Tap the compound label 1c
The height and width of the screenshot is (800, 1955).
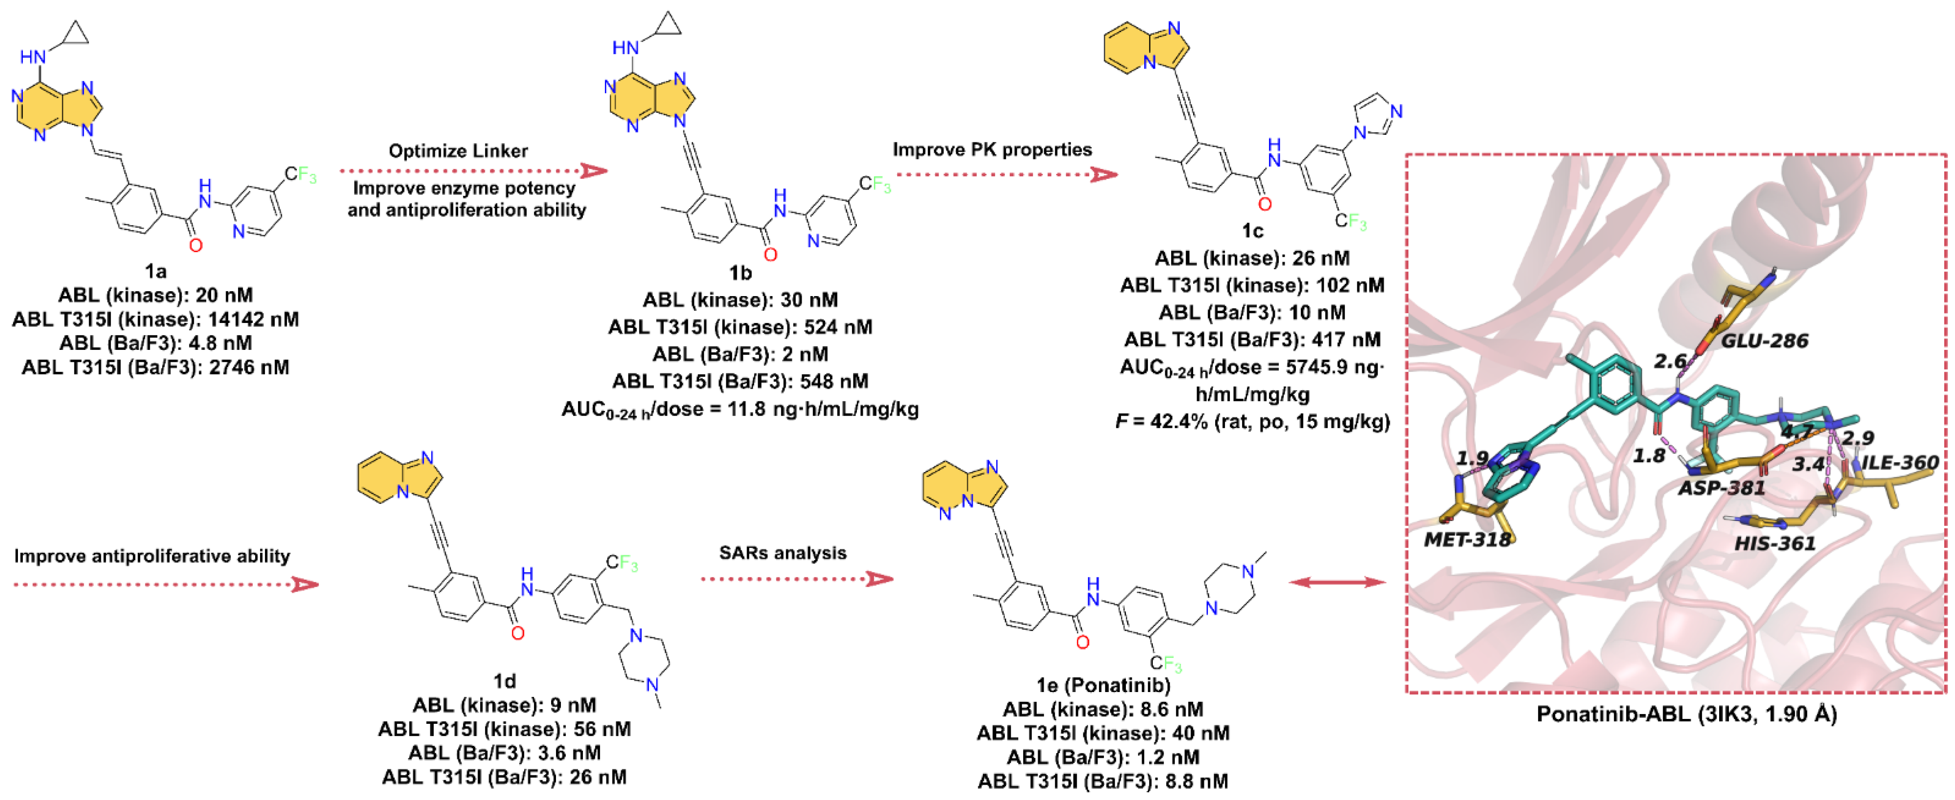tap(1252, 231)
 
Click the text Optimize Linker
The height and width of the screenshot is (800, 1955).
tap(458, 151)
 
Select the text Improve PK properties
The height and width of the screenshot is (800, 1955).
tap(992, 149)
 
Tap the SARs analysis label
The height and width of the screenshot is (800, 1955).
tap(782, 553)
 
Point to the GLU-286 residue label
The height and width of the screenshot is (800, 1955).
tap(1764, 340)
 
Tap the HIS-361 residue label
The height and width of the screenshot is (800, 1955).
tap(1774, 543)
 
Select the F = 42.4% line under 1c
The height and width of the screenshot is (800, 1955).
tap(1252, 421)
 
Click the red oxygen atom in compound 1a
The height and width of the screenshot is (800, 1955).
tap(196, 245)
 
